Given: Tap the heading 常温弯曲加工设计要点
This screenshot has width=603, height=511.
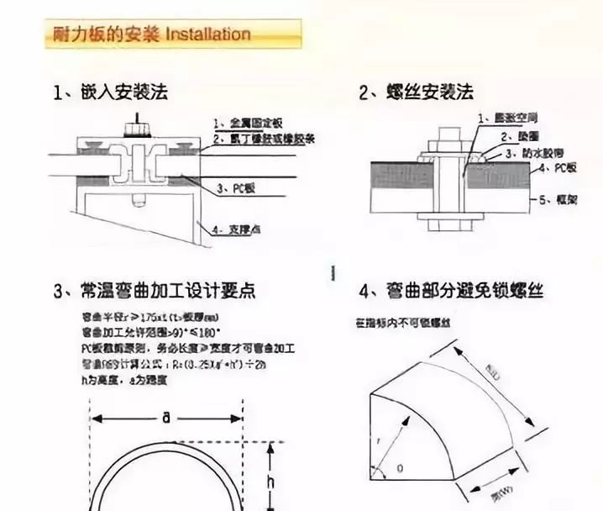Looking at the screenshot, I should coord(165,292).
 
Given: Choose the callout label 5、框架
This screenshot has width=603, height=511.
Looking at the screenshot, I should coord(556,199).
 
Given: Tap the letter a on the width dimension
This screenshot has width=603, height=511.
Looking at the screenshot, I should coord(166,418).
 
